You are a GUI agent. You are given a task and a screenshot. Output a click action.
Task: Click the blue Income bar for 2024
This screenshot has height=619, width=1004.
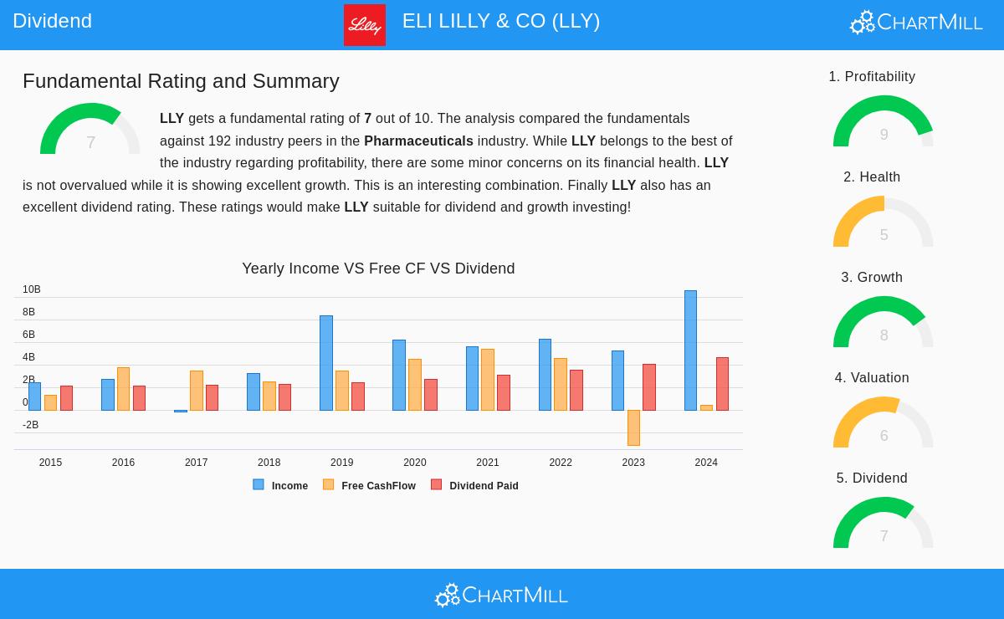[690, 350]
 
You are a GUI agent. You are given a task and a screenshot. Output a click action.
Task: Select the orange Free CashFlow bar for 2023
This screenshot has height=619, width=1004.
[633, 427]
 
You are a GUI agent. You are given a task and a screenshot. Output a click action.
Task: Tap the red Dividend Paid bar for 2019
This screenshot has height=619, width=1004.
[358, 396]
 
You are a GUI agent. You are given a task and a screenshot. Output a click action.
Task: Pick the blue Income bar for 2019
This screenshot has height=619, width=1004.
[326, 363]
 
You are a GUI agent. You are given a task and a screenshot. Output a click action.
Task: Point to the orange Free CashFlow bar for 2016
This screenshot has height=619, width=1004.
[123, 389]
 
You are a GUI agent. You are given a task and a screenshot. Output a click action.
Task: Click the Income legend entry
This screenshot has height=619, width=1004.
[281, 485]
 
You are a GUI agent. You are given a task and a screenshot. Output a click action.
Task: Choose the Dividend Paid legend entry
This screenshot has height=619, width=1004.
[475, 485]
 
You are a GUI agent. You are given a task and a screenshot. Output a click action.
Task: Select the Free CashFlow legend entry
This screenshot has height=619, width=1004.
[370, 485]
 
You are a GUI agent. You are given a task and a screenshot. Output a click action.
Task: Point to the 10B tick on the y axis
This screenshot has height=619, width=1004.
[32, 289]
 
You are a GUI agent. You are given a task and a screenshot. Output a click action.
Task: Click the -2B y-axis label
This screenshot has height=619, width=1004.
[30, 425]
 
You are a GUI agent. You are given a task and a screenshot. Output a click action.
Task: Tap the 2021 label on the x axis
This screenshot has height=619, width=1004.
[488, 463]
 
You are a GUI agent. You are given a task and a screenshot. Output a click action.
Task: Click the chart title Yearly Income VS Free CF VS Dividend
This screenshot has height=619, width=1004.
[378, 269]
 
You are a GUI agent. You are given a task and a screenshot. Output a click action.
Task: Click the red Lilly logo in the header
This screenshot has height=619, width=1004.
[365, 25]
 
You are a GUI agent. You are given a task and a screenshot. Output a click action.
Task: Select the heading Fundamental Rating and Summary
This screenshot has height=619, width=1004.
[181, 81]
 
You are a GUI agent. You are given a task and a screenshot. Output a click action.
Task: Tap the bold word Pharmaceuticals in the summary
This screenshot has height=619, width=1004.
[418, 141]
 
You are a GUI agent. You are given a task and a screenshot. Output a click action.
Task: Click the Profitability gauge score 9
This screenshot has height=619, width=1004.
[884, 135]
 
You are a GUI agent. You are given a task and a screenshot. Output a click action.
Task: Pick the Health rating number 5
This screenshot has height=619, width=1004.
[884, 235]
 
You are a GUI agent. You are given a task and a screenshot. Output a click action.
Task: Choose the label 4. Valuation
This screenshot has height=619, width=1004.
[872, 378]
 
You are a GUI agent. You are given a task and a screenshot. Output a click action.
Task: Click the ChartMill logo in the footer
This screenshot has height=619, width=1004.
[502, 595]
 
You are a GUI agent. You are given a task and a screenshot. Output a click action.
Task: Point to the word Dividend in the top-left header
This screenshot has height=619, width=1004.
[52, 21]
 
